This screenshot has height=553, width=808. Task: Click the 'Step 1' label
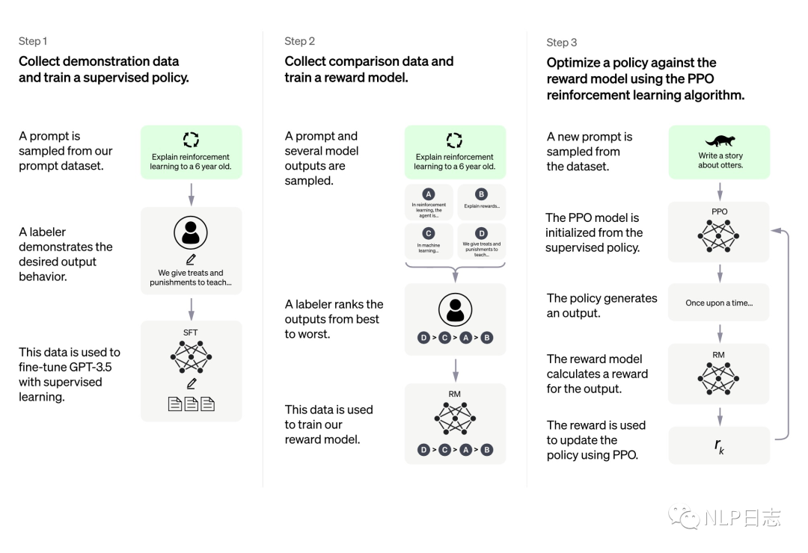pos(33,41)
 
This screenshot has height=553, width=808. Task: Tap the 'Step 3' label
pos(562,43)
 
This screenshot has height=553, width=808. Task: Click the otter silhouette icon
pos(720,140)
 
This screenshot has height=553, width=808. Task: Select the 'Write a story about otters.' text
pos(720,160)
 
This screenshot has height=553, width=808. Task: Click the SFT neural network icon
pos(191,356)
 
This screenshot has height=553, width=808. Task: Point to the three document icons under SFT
pos(192,404)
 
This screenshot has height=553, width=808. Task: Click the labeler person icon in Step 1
pos(191,232)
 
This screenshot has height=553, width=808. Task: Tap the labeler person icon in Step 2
pos(455,310)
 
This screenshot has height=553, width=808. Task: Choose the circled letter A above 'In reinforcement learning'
pos(428,194)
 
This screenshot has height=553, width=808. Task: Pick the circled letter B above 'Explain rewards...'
pos(481,194)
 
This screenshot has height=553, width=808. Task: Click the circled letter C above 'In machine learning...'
pos(428,233)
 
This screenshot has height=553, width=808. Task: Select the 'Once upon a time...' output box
pos(719,303)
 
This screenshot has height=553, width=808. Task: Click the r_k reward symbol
pos(719,446)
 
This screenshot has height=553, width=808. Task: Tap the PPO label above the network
pos(720,211)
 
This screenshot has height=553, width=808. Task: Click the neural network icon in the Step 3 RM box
pos(718,378)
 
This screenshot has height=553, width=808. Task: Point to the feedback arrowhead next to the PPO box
pos(775,231)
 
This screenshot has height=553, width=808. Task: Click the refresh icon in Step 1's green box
pos(192,140)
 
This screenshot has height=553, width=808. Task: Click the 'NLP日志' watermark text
pos(742,517)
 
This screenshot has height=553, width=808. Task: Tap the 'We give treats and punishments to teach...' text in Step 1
pos(191,277)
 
